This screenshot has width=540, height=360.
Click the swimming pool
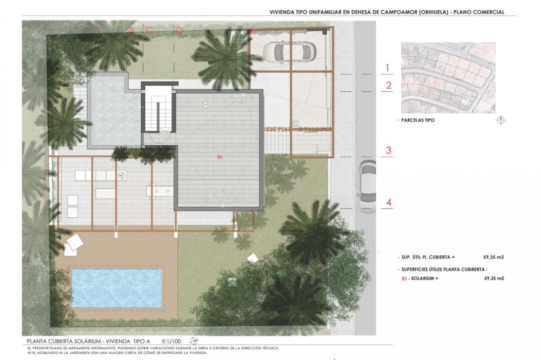coord(117,288)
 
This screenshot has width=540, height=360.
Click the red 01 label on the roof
coord(220,157)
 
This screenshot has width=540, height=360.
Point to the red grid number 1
coord(387,68)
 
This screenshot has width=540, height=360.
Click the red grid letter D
coord(180,31)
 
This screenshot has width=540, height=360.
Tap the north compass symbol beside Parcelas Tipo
coord(502,120)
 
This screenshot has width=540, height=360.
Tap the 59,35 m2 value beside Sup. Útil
coord(494,257)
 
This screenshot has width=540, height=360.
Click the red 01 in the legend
coord(404,279)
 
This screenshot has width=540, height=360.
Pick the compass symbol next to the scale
coord(194,340)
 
